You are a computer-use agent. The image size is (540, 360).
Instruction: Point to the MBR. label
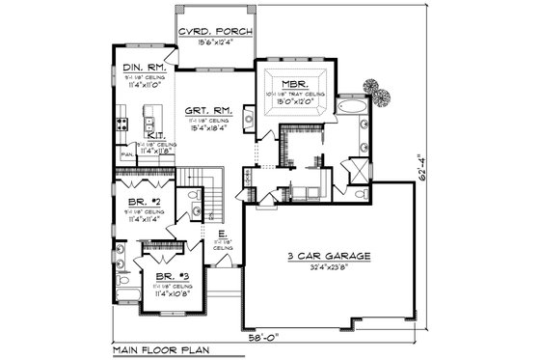coord(295,83)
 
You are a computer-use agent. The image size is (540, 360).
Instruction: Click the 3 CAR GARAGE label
coord(329,257)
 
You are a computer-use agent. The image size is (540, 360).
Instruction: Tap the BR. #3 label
coord(173,277)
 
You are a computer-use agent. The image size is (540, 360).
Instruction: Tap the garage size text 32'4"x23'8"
coord(329,268)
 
